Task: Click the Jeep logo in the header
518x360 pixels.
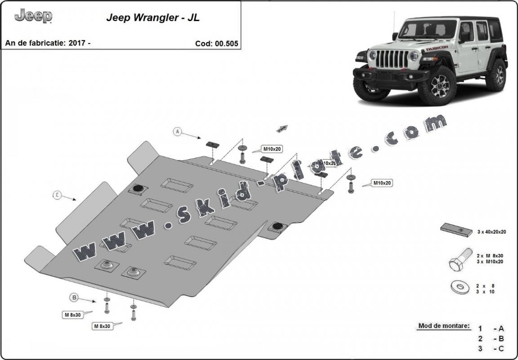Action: pos(33,16)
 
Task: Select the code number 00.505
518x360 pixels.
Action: pos(227,44)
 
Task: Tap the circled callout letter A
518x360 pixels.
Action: pos(178,131)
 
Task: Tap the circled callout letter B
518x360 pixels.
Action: pos(74,297)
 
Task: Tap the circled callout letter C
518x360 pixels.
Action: pos(57,195)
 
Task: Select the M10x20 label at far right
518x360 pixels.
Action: pos(382,183)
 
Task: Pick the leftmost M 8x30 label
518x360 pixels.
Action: pos(72,315)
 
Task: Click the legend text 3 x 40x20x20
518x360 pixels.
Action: pos(491,232)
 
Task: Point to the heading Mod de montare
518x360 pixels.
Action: pos(444,326)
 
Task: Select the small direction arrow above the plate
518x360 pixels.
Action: pos(282,129)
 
